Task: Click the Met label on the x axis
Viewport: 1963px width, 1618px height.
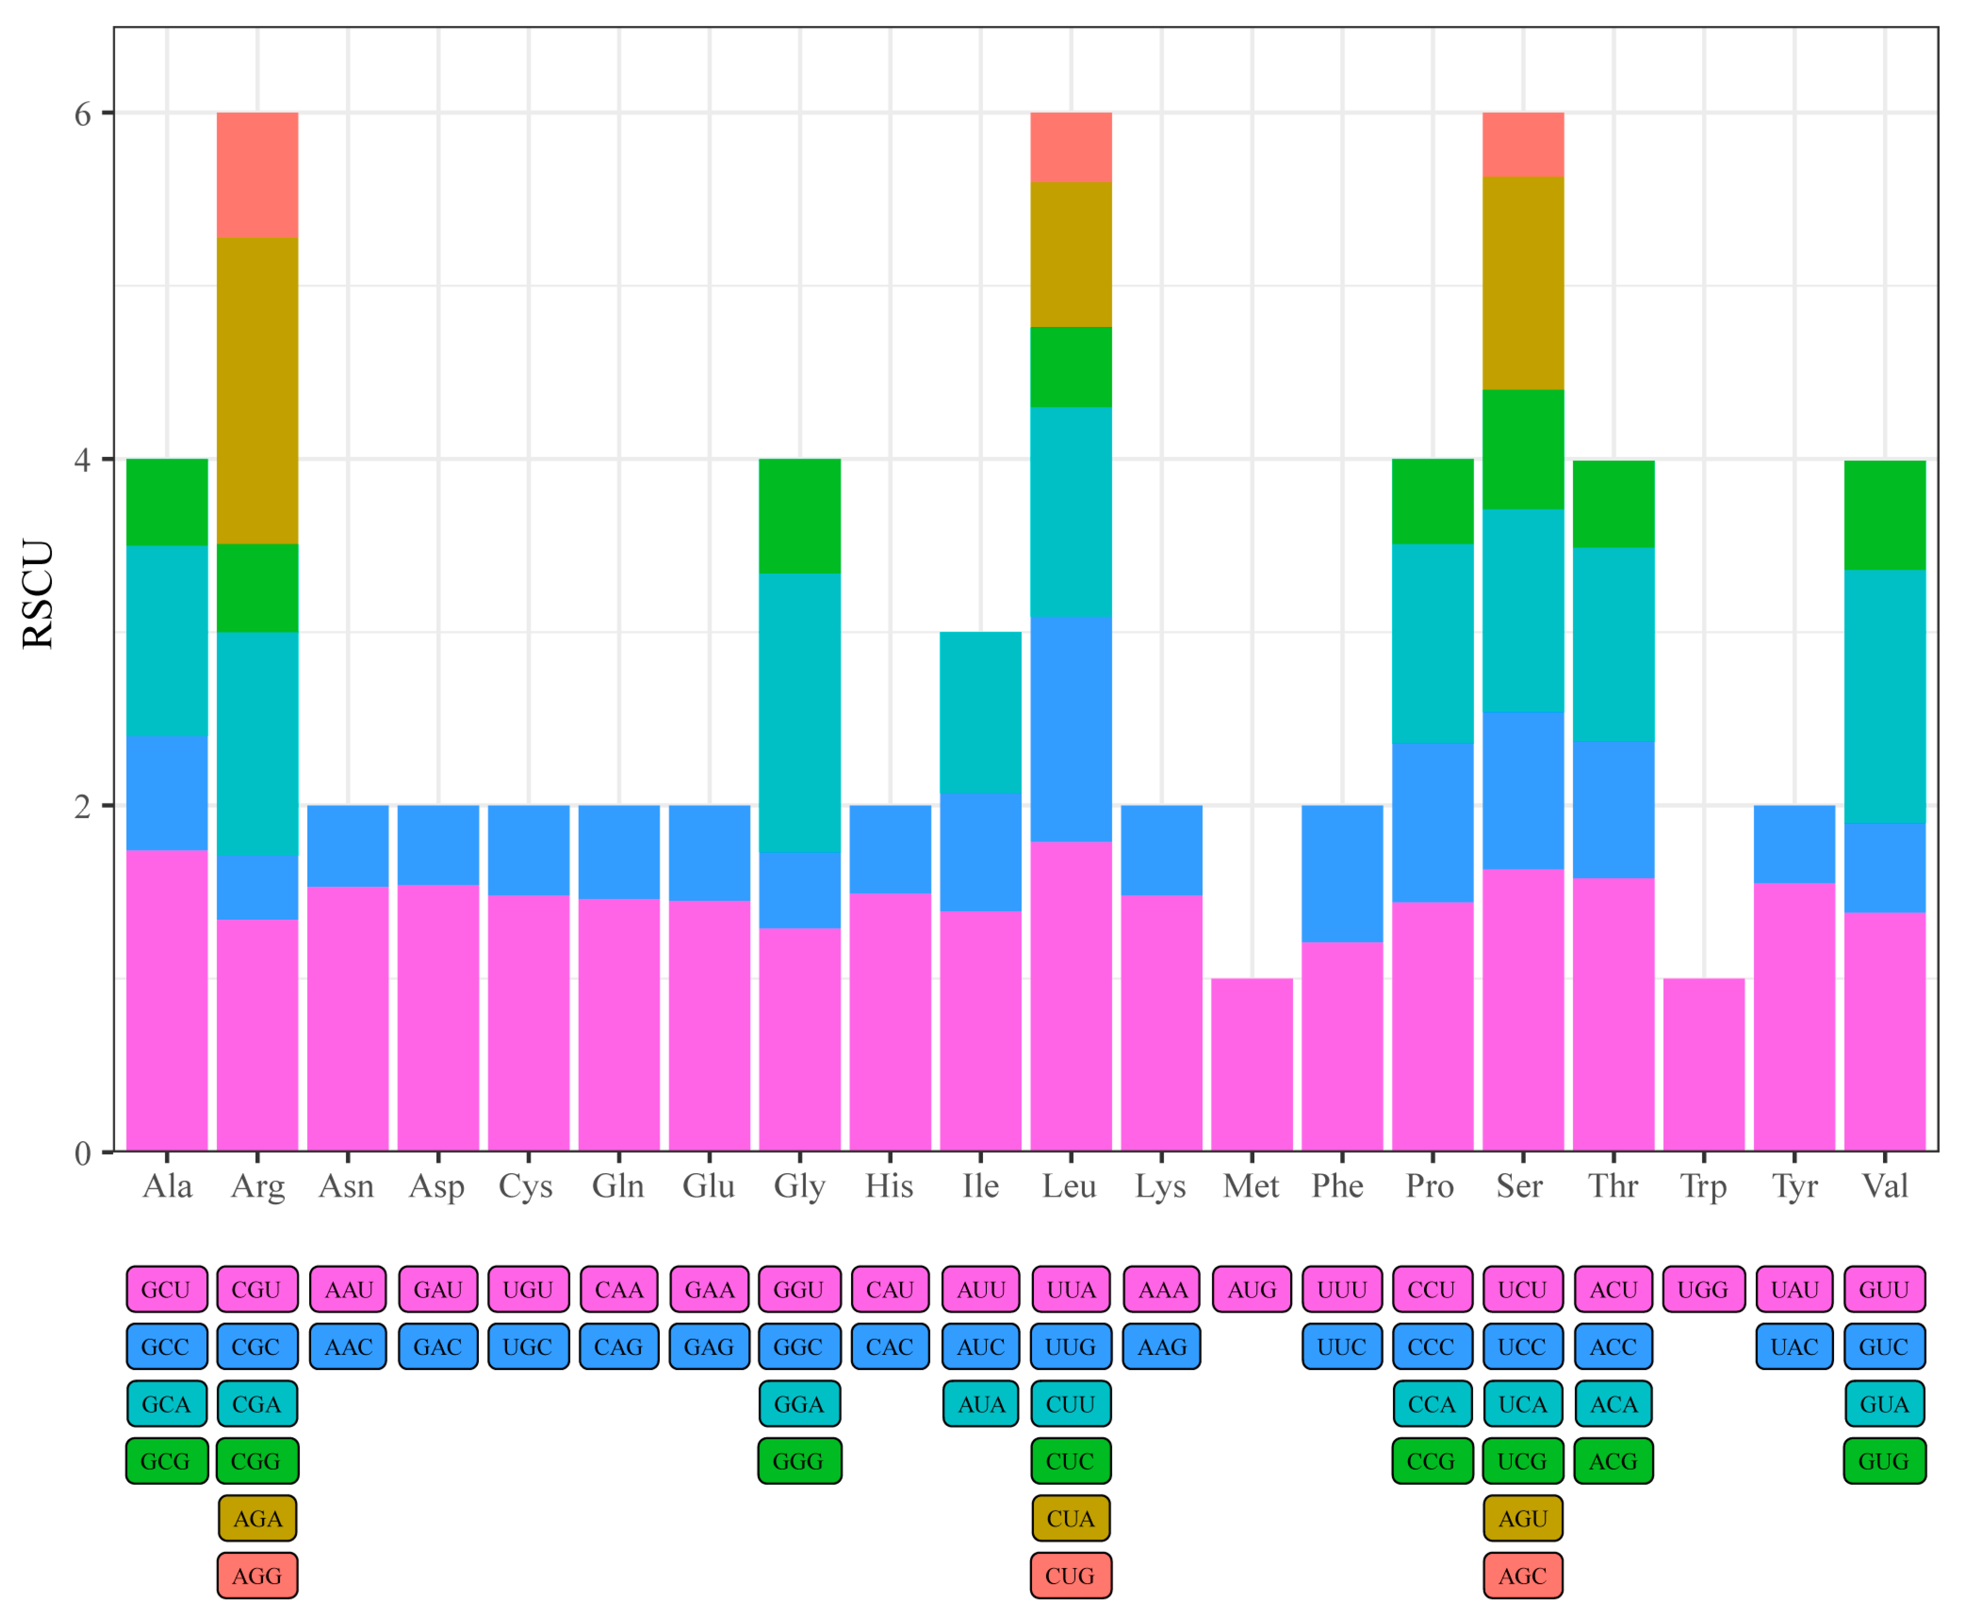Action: pos(1251,1186)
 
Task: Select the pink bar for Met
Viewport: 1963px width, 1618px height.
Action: pos(1252,1065)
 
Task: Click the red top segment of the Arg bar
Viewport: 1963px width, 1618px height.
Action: pos(257,175)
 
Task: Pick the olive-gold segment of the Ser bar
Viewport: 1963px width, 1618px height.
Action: pos(1523,283)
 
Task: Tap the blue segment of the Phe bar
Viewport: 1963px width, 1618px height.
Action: pos(1342,873)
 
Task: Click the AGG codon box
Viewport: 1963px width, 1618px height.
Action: pos(257,1576)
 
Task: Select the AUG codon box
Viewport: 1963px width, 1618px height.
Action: pos(1252,1290)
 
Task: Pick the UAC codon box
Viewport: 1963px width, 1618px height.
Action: pos(1794,1347)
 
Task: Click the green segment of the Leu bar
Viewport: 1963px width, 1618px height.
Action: pos(1071,367)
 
